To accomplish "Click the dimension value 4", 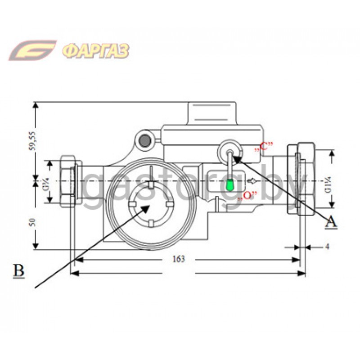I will [327, 247].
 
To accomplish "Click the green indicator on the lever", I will [230, 185].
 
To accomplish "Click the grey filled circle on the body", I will [145, 141].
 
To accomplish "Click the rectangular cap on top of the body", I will [211, 113].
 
